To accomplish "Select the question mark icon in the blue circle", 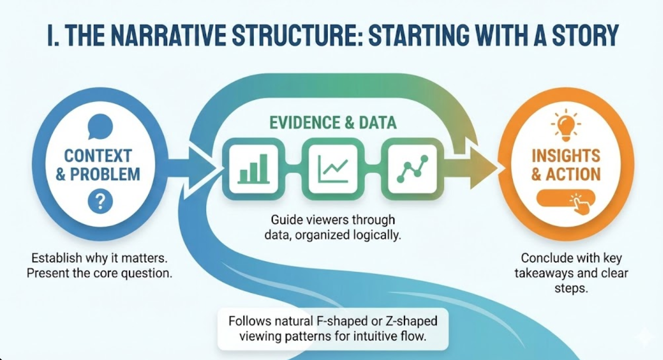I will [x=100, y=201].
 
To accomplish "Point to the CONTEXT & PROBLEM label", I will [x=98, y=165].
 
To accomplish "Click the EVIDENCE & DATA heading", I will [x=333, y=123].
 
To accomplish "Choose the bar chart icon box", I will [x=251, y=168].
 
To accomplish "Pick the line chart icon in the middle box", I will [x=333, y=168].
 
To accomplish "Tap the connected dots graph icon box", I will [x=412, y=168].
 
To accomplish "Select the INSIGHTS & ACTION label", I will [x=566, y=165].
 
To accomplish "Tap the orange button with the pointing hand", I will [x=566, y=200].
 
